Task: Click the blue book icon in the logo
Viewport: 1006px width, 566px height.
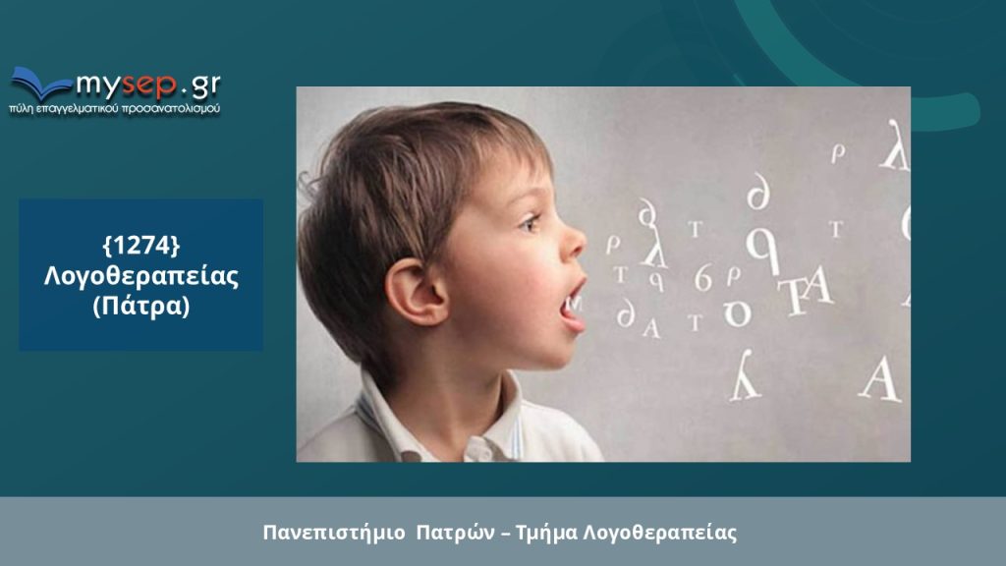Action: pos(40,84)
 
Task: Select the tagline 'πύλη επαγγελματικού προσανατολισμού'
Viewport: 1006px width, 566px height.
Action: pos(115,108)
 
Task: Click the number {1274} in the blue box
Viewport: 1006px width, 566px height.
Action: pos(141,245)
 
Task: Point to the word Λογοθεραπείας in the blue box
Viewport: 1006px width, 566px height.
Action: pos(141,276)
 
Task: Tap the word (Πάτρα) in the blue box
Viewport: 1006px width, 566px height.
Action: pos(141,307)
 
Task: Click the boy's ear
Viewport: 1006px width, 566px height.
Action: pos(416,292)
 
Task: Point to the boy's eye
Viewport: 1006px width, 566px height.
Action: pos(530,223)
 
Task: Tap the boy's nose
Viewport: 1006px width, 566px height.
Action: pos(573,240)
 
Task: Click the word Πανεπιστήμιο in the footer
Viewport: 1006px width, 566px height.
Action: pos(334,533)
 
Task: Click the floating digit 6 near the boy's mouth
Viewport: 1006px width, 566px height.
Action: pos(703,278)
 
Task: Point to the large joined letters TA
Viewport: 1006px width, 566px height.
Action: pos(805,292)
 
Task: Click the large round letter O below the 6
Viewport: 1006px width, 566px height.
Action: pos(737,313)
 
